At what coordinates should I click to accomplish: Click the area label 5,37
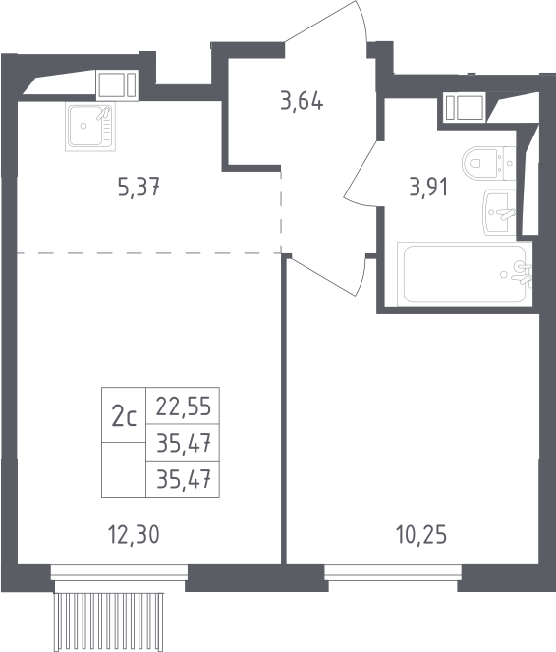click(139, 187)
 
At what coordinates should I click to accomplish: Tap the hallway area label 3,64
click(302, 101)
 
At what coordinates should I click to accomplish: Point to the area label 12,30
click(134, 535)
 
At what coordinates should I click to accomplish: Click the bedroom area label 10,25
click(421, 535)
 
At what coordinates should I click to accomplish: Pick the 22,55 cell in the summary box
click(184, 407)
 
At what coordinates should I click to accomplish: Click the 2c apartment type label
click(124, 417)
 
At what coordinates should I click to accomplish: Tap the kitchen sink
click(90, 127)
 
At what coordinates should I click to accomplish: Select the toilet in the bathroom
click(489, 163)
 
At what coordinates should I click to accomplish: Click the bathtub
click(465, 274)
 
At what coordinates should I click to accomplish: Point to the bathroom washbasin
click(499, 212)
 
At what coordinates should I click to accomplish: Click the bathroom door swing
click(361, 174)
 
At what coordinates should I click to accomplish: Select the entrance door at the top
click(325, 22)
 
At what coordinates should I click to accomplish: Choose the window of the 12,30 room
click(119, 571)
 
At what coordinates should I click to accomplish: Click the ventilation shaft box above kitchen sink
click(117, 84)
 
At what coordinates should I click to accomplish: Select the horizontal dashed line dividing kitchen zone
click(149, 252)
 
